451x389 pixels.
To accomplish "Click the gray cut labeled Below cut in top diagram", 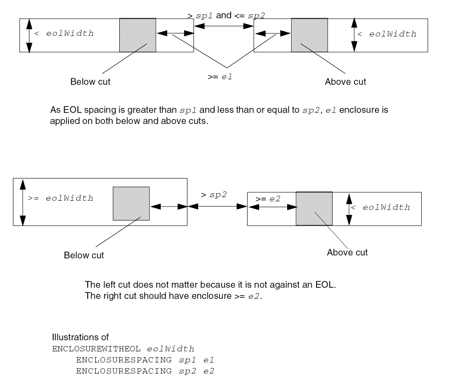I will click(138, 35).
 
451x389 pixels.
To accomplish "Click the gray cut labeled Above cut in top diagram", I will click(309, 35).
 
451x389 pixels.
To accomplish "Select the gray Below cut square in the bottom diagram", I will click(131, 203).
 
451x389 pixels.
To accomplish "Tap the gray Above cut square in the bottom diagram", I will click(314, 209).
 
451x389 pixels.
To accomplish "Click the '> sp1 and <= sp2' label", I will click(227, 16).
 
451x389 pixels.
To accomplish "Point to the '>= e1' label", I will click(220, 77).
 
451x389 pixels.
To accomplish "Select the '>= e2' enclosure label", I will click(268, 199).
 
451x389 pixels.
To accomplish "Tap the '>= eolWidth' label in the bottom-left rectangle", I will click(61, 199).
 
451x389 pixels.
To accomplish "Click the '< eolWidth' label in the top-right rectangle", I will click(387, 34).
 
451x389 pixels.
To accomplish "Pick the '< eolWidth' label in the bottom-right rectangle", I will click(380, 207).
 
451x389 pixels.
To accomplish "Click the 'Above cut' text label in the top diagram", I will click(345, 81).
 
